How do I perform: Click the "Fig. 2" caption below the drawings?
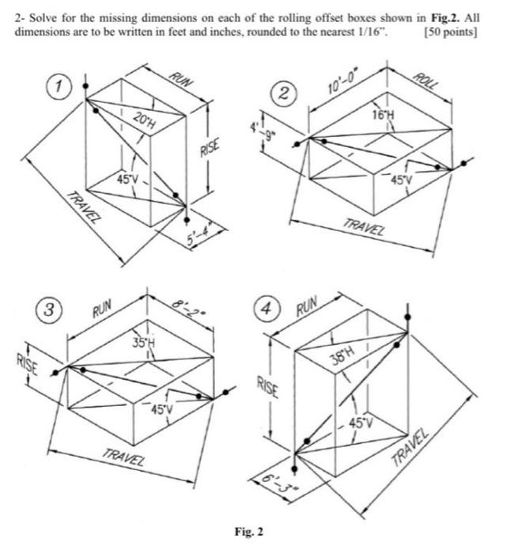(248, 531)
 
